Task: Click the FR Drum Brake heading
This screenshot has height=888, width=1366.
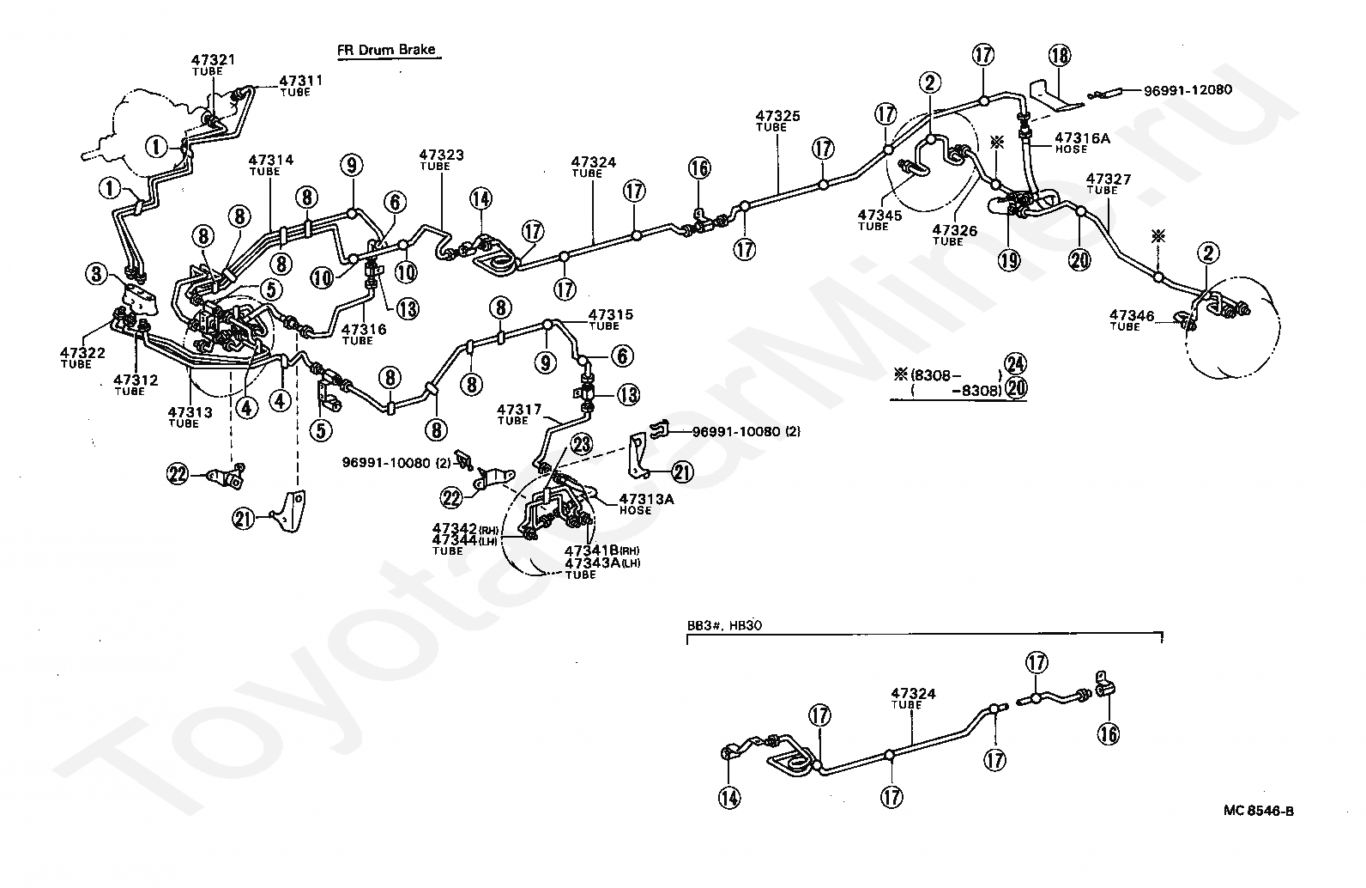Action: (x=387, y=50)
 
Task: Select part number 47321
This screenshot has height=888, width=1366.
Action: (x=213, y=60)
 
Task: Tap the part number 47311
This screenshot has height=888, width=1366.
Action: (x=301, y=81)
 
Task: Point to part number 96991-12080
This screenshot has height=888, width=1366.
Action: (x=1188, y=90)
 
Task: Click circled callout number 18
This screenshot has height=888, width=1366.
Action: (x=1060, y=56)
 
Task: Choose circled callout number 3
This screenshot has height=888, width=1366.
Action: (x=96, y=274)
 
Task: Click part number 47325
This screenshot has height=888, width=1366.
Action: (x=777, y=116)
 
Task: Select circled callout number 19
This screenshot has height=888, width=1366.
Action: (x=1009, y=260)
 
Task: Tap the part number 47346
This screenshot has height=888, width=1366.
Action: (x=1132, y=315)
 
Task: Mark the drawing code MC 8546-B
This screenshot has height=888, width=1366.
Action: (x=1258, y=811)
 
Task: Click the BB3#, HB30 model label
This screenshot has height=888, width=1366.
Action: (x=724, y=625)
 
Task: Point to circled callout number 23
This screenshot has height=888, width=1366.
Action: (x=582, y=444)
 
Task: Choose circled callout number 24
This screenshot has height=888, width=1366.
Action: (x=1015, y=364)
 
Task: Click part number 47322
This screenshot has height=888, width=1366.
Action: (x=82, y=353)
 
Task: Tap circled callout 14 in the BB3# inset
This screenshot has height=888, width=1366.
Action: (x=729, y=798)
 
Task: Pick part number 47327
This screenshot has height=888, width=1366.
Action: (x=1108, y=179)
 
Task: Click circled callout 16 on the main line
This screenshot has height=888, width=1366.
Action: (x=699, y=167)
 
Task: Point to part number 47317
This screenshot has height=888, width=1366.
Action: (x=519, y=410)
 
